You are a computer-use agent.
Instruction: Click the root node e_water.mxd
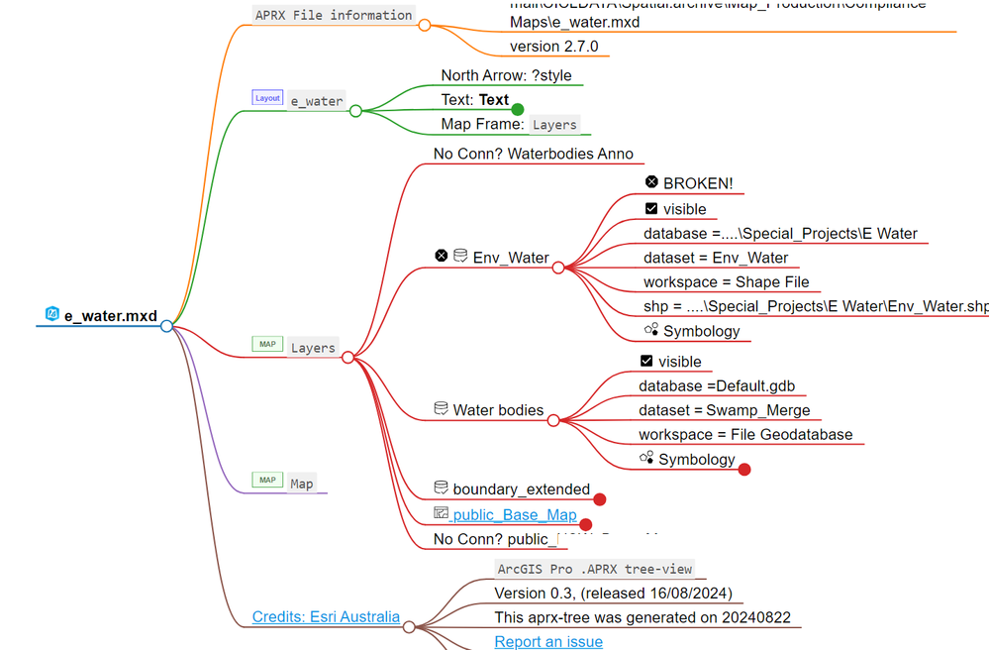pos(110,316)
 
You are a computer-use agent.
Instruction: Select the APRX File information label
pos(333,15)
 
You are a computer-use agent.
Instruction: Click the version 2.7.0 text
pos(553,47)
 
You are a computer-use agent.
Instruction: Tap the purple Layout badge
pos(267,98)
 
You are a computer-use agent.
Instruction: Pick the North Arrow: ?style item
pos(506,75)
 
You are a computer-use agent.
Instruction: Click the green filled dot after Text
pos(517,109)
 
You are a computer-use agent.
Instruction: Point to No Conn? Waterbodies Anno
pos(533,154)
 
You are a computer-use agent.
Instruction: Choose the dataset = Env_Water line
pos(715,258)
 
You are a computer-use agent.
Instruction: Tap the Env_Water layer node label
pos(510,258)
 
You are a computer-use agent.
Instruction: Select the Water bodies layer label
pos(498,409)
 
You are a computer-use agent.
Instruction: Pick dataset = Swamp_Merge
pos(724,410)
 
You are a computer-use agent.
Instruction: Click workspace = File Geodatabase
pos(744,435)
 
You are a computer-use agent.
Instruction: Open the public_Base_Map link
pos(514,515)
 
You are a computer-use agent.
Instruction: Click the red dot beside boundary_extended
pos(599,499)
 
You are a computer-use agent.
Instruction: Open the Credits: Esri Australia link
pos(326,617)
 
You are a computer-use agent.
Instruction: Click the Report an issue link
pos(547,641)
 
